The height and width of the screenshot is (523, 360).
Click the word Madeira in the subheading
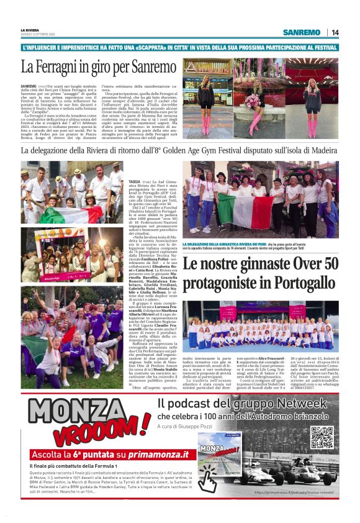(320, 150)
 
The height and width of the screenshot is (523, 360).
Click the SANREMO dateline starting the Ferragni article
(29, 84)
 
